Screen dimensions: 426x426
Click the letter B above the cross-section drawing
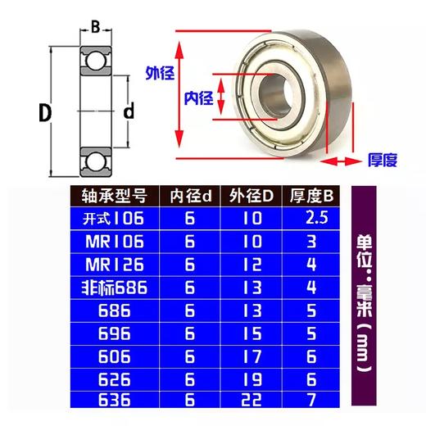click(x=95, y=27)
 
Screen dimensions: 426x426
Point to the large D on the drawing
click(x=45, y=112)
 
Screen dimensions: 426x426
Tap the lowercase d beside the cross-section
click(x=129, y=111)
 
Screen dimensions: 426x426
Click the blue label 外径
click(x=160, y=73)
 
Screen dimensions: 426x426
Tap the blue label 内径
click(x=198, y=98)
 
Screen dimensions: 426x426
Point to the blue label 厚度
click(x=383, y=160)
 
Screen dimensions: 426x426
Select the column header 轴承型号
click(x=115, y=196)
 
